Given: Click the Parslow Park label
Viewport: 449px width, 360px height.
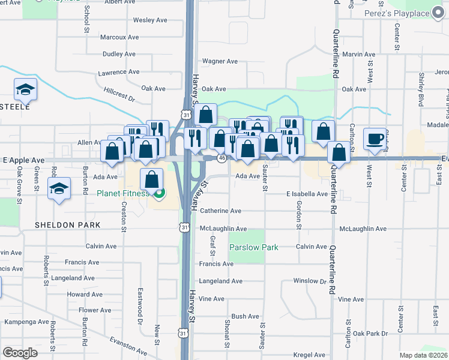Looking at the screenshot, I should point(254,247).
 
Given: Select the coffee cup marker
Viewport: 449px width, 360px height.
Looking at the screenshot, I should point(376,139).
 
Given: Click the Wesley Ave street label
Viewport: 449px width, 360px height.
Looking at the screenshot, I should point(150,20).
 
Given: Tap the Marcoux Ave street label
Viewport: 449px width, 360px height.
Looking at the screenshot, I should point(119,37).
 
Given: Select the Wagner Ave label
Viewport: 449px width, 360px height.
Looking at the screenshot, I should point(220,61).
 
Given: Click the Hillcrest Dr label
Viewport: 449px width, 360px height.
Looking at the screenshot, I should point(119,95).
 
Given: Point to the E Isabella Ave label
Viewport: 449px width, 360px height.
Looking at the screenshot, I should point(307,194).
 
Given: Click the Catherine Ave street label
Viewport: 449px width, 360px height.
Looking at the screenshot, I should point(220,211).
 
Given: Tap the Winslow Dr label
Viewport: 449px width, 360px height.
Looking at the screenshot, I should point(310,281).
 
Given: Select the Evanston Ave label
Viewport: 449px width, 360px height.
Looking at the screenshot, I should point(128,346).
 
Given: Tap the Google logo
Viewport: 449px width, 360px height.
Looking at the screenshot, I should point(20,353).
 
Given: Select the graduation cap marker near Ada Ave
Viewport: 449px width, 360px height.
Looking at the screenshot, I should point(59,190).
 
